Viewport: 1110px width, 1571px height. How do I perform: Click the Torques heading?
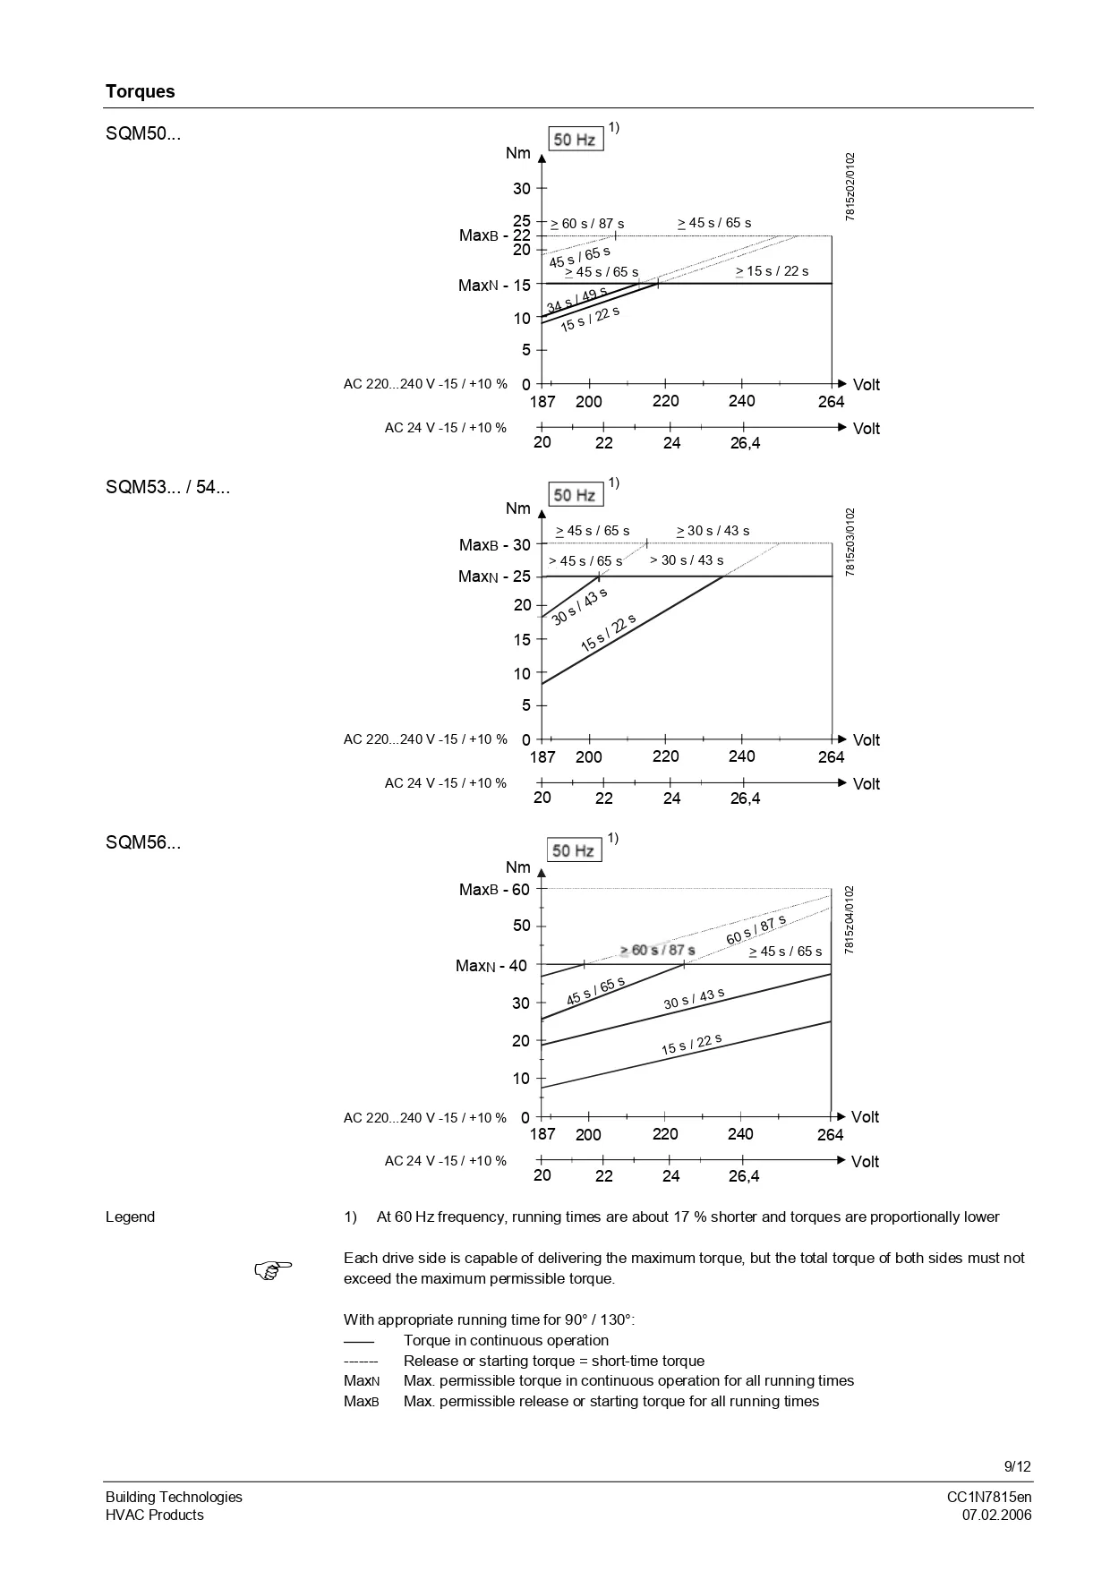point(140,91)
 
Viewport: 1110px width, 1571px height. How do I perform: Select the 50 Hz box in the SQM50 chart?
point(575,139)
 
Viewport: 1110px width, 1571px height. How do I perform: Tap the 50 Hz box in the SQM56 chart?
point(574,850)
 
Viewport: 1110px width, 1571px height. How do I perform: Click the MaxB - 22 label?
point(495,235)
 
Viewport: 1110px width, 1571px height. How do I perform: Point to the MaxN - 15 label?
point(494,286)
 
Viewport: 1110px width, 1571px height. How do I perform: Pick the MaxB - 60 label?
point(494,890)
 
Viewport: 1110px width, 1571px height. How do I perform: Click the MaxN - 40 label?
point(491,966)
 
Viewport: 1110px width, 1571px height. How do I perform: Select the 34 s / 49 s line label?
point(576,300)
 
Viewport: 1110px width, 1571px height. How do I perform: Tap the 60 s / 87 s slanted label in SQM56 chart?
point(756,930)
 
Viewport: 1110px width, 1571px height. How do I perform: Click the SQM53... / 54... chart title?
point(167,488)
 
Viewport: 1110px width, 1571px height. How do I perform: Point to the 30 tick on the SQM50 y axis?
point(521,189)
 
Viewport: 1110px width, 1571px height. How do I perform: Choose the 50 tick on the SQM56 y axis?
point(521,926)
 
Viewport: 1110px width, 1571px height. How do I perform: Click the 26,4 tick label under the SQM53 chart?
point(744,798)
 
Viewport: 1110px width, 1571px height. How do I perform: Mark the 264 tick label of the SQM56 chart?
point(830,1135)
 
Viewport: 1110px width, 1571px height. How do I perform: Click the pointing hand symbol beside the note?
point(273,1268)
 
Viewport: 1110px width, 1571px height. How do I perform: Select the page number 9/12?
point(1017,1466)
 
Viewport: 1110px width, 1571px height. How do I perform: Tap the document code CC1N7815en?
point(989,1497)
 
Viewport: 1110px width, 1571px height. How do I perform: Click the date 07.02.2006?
point(996,1515)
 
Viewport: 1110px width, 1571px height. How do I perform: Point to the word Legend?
point(130,1217)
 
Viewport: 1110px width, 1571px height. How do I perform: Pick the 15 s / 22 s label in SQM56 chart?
point(691,1044)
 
